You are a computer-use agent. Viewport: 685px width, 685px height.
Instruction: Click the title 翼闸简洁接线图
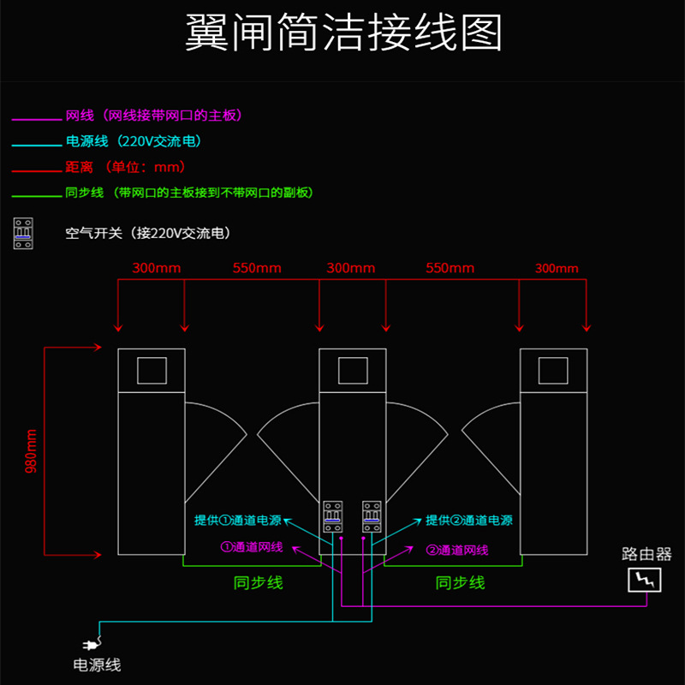(x=342, y=33)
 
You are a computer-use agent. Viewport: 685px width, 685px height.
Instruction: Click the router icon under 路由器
(x=646, y=580)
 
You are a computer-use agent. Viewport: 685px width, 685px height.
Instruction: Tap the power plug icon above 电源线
(x=88, y=645)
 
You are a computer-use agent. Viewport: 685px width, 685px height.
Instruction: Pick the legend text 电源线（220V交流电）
(x=134, y=141)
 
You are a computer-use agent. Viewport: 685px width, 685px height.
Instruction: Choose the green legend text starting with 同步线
(x=189, y=193)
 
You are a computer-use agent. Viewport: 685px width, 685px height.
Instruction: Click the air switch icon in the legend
(x=23, y=233)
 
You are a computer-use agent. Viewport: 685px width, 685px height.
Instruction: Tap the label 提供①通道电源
(x=237, y=520)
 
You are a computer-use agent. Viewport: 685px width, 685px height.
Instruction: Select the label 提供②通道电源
(x=469, y=520)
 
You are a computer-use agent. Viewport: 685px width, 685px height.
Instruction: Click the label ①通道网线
(x=252, y=547)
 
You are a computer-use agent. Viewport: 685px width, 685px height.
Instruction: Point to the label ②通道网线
(x=457, y=550)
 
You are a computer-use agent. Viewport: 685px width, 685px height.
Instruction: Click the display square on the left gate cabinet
(x=152, y=370)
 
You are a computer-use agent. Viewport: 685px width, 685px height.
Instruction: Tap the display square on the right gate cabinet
(x=553, y=370)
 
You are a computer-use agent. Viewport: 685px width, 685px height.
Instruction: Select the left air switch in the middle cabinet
(x=332, y=516)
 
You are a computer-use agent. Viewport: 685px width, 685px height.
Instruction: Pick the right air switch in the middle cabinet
(x=371, y=516)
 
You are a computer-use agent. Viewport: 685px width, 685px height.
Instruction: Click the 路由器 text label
(x=646, y=554)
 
